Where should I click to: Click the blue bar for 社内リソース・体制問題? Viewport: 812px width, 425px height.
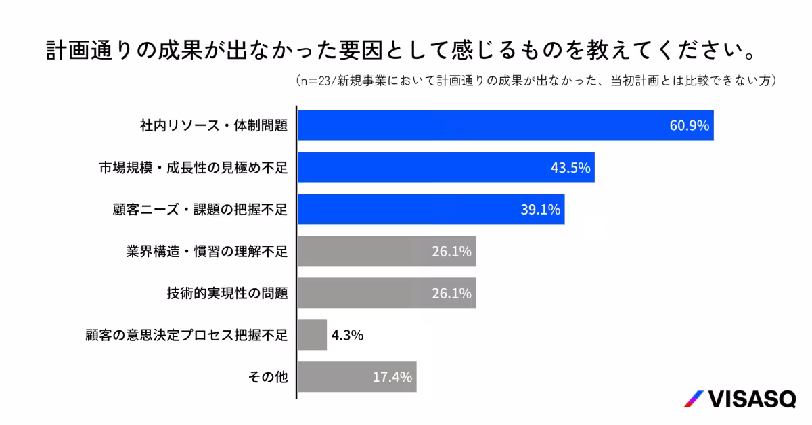tap(474, 125)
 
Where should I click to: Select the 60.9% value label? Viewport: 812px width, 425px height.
tap(689, 125)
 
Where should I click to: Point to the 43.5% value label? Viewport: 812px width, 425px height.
tap(570, 167)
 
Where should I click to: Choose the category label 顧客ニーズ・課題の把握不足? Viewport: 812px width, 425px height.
tap(200, 210)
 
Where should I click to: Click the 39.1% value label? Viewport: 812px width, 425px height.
tap(540, 210)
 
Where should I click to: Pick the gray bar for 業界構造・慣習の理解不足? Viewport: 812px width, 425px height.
tap(365, 252)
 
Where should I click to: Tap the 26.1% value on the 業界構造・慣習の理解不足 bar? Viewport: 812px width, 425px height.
tap(451, 252)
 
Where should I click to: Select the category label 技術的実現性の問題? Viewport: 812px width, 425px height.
tap(227, 294)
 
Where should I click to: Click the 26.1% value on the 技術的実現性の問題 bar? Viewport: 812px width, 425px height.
tap(451, 294)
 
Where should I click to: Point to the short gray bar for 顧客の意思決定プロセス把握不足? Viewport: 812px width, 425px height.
tap(312, 335)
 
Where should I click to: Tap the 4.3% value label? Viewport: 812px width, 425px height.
tap(348, 335)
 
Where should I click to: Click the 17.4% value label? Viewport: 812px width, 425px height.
tap(392, 377)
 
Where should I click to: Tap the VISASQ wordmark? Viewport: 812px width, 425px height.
tap(752, 399)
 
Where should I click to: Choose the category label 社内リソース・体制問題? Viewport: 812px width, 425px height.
tap(214, 125)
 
